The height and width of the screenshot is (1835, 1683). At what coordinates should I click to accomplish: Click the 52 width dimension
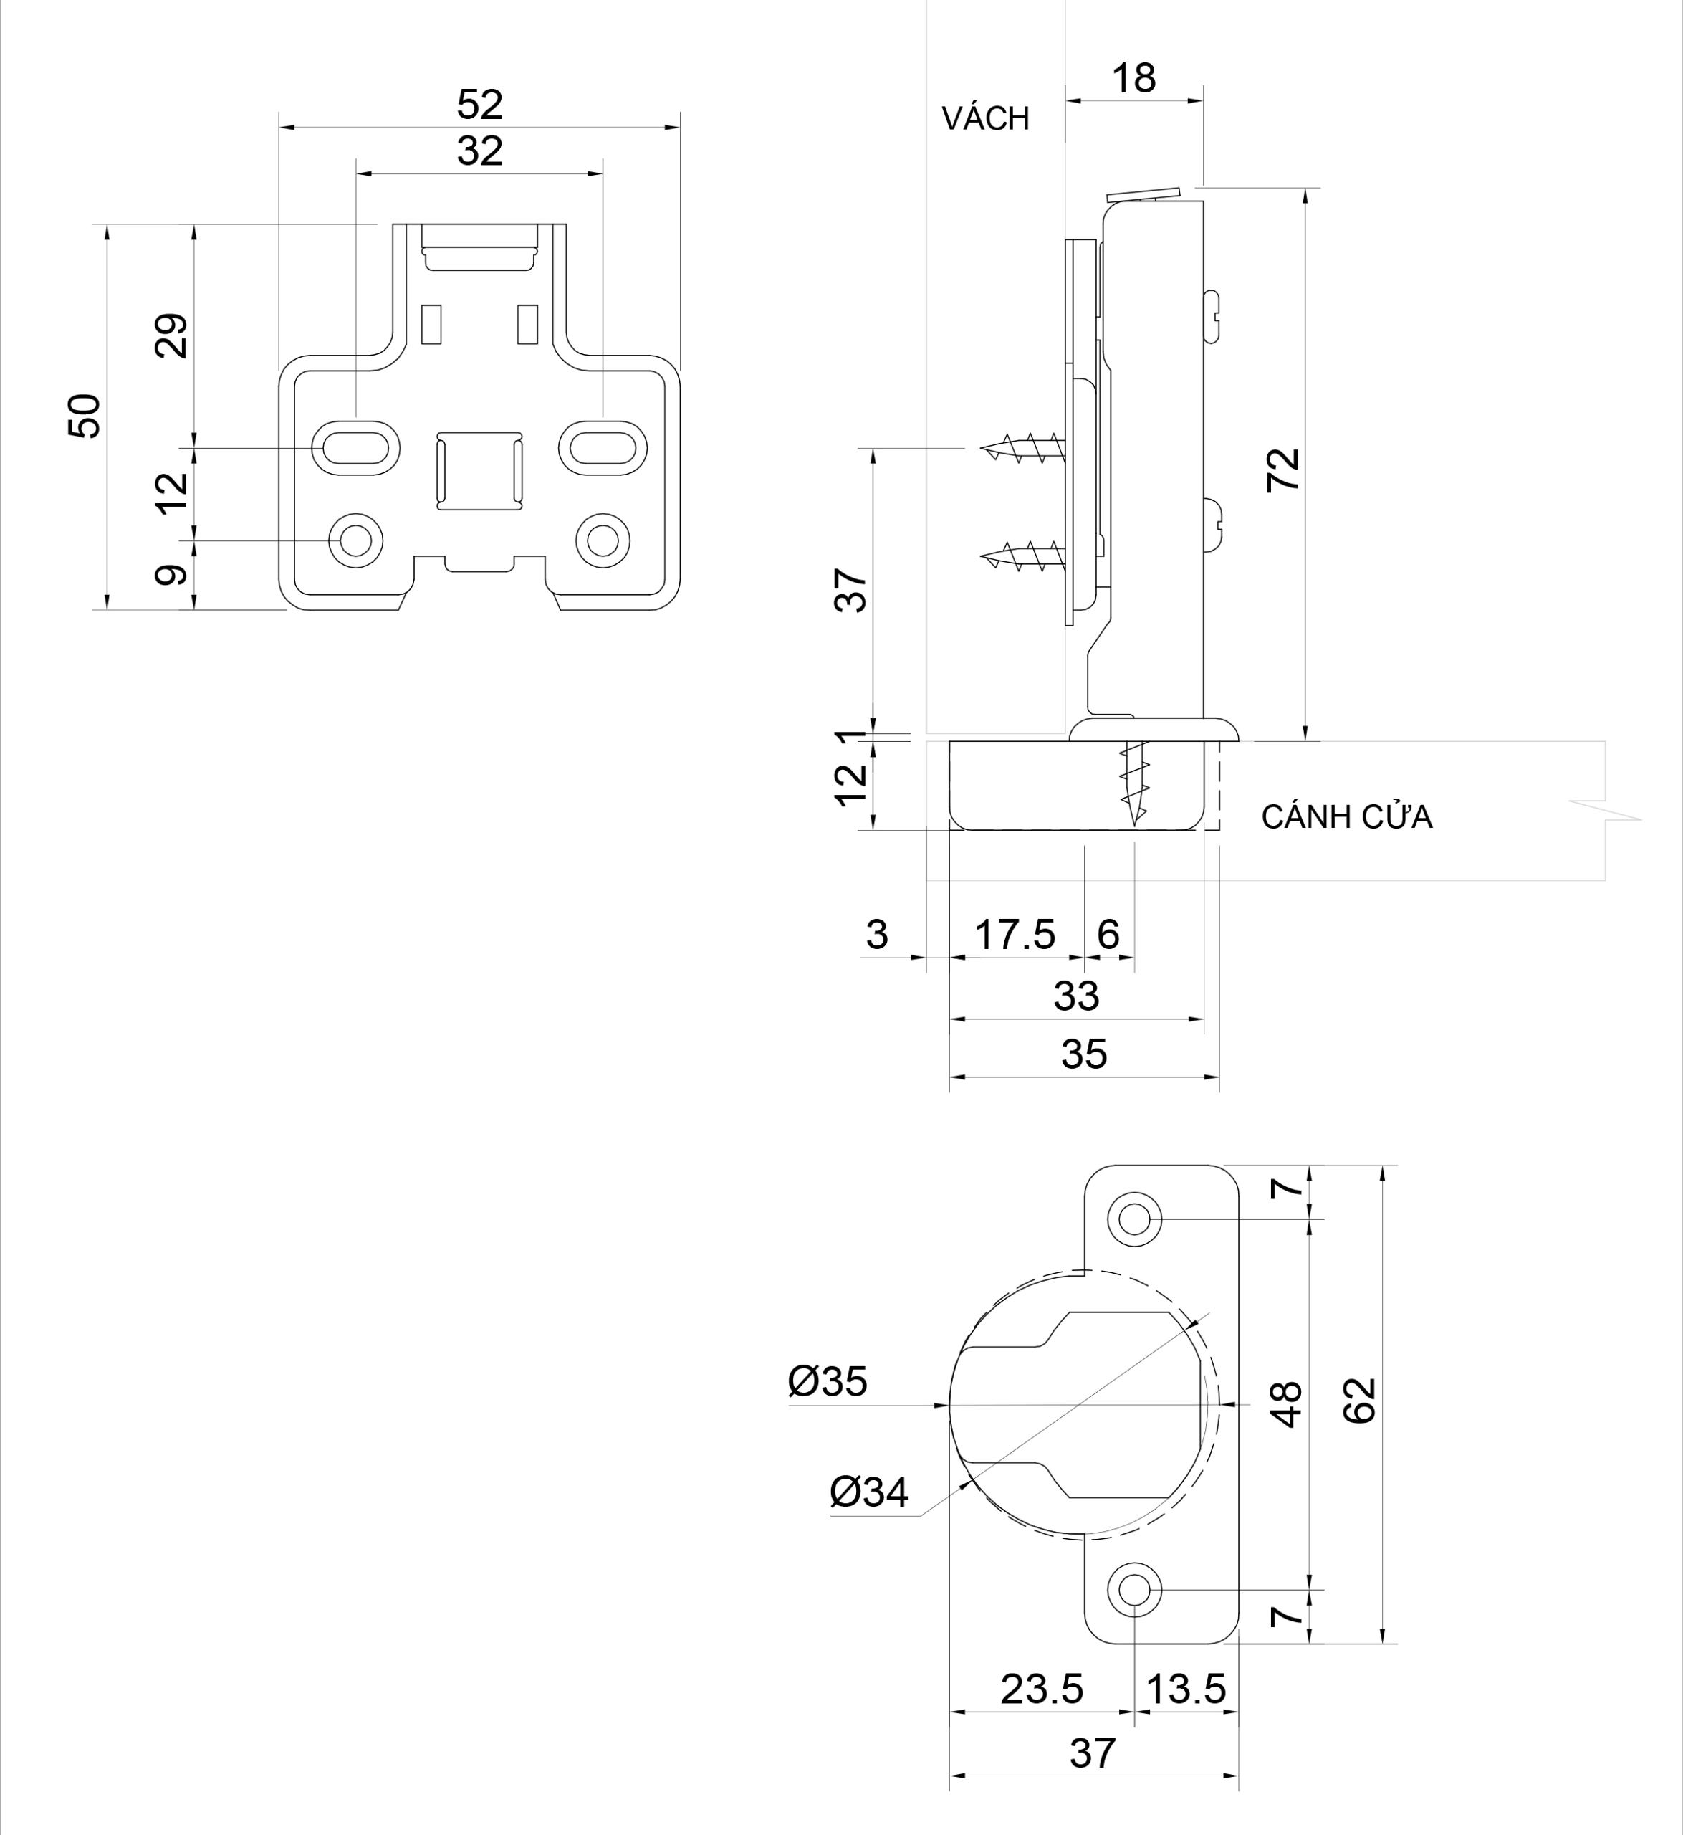(x=479, y=105)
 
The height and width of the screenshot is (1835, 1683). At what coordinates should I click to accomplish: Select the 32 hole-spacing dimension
(x=479, y=151)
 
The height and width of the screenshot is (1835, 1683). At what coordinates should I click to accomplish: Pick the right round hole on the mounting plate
(x=602, y=539)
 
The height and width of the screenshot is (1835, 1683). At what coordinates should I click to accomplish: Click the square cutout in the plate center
(x=479, y=470)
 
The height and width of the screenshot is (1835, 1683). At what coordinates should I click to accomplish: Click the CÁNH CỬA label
(x=1346, y=817)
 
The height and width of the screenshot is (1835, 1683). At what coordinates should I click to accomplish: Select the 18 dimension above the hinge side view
(x=1134, y=80)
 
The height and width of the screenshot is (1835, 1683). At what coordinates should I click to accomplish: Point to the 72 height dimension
(x=1284, y=470)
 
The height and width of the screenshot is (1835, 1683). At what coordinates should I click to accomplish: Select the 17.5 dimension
(x=1015, y=935)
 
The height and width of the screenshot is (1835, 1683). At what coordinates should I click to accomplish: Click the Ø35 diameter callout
(x=827, y=1382)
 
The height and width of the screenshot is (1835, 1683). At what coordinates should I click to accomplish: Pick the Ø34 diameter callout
(x=869, y=1492)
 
